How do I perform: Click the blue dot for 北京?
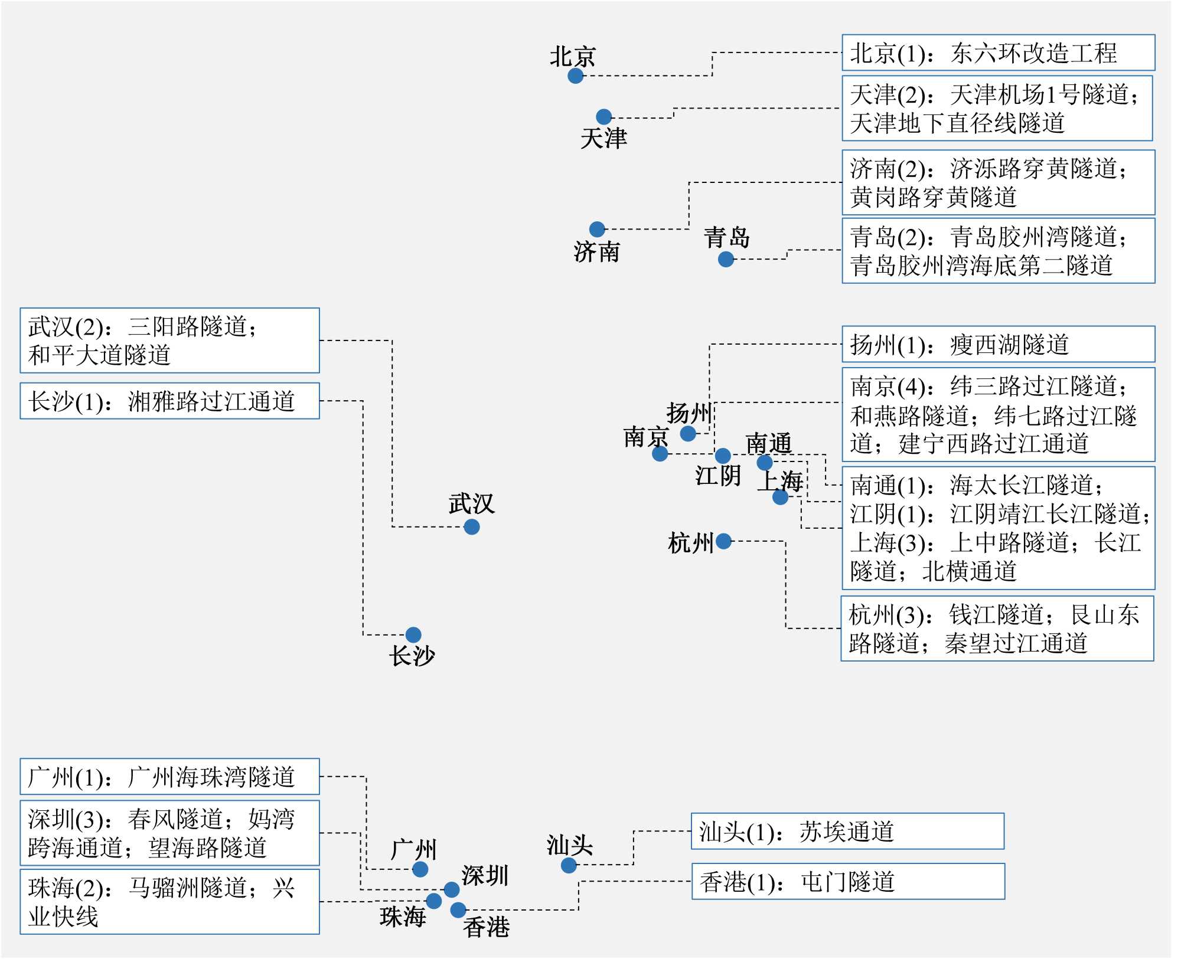(575, 76)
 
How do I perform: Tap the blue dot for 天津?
(603, 117)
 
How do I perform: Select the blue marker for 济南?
(597, 229)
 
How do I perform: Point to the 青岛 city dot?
(726, 259)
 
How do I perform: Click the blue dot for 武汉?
(471, 526)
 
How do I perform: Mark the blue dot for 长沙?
(413, 634)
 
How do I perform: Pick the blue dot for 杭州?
(723, 541)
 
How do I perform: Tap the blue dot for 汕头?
(569, 865)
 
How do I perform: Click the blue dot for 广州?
(420, 869)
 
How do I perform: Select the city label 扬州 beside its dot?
(689, 413)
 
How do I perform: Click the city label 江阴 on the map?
(717, 475)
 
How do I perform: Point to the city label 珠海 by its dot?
(403, 917)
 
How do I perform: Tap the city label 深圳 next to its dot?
(485, 875)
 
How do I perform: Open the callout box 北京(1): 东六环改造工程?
(998, 53)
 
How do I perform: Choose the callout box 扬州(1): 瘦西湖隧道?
(998, 345)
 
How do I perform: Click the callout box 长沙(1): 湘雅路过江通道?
(169, 401)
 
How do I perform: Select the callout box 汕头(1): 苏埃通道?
(847, 832)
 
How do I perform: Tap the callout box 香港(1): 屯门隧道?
(848, 882)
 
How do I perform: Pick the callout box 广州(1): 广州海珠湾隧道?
(169, 777)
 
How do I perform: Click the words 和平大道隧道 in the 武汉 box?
(99, 355)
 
